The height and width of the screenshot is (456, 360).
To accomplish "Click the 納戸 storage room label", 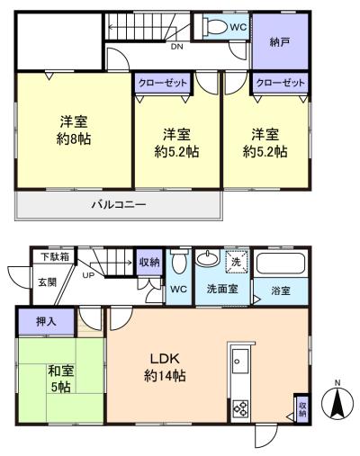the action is [x=279, y=42].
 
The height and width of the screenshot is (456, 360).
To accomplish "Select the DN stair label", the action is [x=177, y=47].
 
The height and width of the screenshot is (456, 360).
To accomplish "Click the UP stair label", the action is [x=88, y=274].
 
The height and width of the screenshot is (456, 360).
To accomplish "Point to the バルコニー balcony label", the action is [x=119, y=205].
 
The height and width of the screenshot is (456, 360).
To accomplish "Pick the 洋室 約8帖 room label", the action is [x=74, y=130].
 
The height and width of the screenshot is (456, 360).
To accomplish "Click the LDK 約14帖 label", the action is [x=165, y=367].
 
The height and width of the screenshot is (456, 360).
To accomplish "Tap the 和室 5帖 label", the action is [x=61, y=379].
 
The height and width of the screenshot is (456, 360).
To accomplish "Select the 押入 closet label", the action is [x=46, y=322].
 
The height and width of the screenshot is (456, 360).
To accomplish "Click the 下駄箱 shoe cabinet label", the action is [x=55, y=257].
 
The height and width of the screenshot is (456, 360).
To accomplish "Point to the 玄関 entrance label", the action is [x=47, y=282].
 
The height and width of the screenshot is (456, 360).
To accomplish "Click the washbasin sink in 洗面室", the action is [x=207, y=258].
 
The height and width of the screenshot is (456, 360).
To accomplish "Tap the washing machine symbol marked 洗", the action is [x=237, y=262].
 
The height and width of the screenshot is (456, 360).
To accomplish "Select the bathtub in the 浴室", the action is [x=281, y=264].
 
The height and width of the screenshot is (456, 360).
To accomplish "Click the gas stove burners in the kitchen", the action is [x=241, y=408].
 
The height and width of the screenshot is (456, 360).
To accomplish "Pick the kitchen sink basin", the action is [x=240, y=362].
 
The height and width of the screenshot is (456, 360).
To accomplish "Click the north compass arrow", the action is [x=337, y=403].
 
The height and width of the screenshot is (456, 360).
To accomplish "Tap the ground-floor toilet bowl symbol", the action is [x=178, y=263].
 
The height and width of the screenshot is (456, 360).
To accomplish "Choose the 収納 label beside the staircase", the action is [x=149, y=263].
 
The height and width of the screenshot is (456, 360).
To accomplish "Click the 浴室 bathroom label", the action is [x=281, y=291].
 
